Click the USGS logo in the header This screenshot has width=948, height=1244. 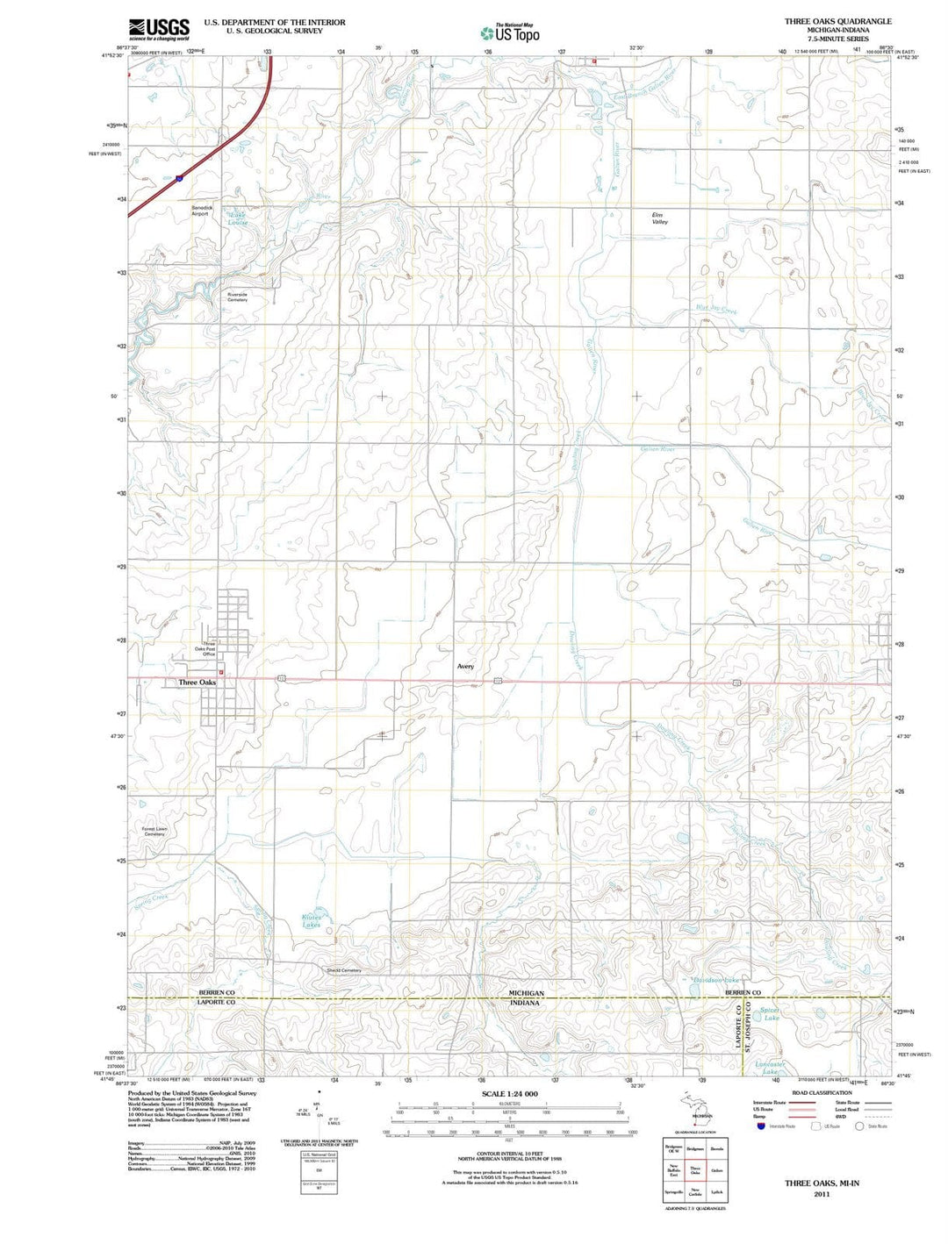point(159,30)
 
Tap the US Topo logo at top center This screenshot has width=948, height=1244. point(509,33)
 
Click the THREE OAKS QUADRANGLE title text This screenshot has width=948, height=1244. point(837,21)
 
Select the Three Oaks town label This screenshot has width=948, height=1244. point(197,683)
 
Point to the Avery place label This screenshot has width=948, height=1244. point(465,667)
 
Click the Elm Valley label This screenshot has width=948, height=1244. point(658,218)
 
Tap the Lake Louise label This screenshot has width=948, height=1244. point(238,218)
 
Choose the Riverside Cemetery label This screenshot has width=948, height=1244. point(237,297)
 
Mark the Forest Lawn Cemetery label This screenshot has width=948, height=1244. point(154,831)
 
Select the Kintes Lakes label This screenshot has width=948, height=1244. point(312,921)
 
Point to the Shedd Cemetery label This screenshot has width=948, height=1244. point(343,970)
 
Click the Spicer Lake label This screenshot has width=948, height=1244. point(771,1014)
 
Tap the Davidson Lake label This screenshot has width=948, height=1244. point(717,980)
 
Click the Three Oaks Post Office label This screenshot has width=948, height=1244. point(205,649)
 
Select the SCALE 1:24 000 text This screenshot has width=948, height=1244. point(509,1094)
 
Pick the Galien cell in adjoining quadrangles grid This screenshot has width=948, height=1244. point(716,1170)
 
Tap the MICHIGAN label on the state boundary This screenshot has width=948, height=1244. point(527,993)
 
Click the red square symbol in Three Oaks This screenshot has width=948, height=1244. point(221,673)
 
